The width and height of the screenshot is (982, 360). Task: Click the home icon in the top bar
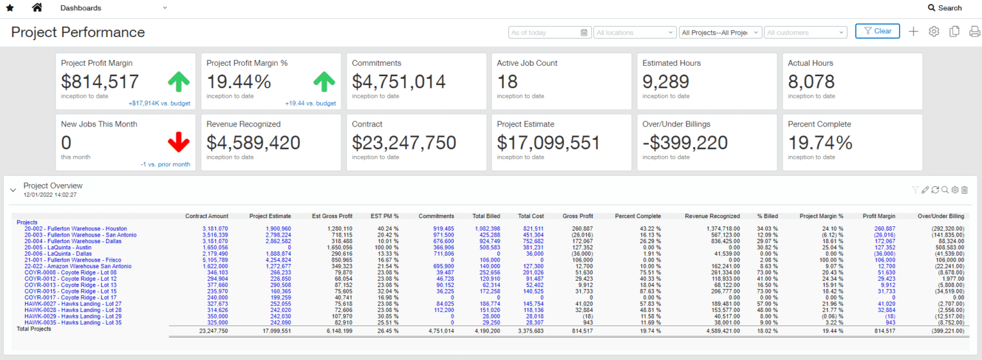point(37,8)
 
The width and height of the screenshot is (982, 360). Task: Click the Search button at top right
point(945,8)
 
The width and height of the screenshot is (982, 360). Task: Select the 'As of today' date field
point(549,33)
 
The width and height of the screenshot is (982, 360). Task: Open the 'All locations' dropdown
point(634,33)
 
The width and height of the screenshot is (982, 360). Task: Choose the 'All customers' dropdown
point(806,33)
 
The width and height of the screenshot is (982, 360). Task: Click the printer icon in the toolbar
point(974,31)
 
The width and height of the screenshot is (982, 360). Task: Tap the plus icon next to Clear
point(914,31)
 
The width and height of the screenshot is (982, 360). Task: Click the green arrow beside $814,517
point(179,81)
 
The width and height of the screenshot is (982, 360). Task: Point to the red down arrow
point(179,142)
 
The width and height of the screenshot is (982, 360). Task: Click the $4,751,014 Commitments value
point(398,81)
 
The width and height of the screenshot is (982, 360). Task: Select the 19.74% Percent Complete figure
point(820,142)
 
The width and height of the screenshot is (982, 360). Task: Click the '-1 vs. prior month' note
point(166,164)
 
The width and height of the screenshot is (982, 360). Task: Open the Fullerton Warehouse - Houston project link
point(75,228)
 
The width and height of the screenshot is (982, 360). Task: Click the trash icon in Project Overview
point(965,189)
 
